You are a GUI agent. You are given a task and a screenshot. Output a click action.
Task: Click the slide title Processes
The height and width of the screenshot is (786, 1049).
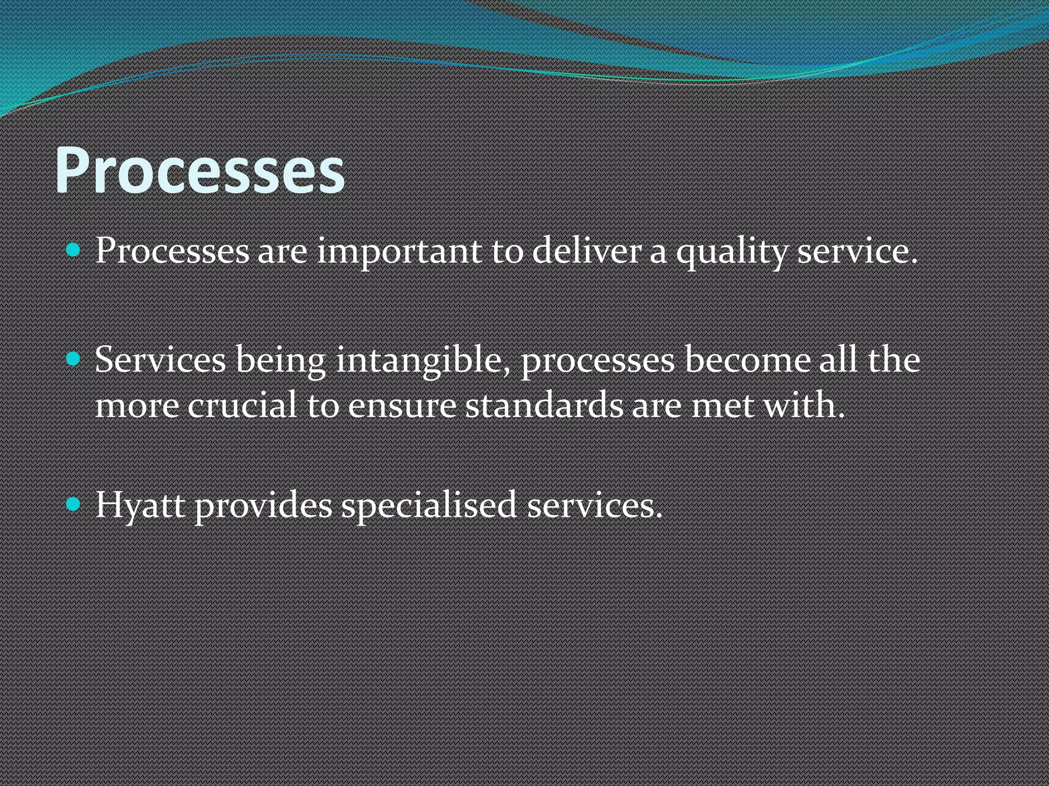(200, 170)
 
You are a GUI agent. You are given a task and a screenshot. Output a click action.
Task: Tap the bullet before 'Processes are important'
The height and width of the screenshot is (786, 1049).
(74, 251)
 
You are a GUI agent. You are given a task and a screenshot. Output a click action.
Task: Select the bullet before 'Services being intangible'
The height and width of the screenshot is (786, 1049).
(74, 359)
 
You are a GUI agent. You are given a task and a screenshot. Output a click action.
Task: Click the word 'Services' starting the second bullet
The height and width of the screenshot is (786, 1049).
(160, 359)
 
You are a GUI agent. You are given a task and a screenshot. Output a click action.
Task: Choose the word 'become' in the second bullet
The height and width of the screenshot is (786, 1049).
(747, 359)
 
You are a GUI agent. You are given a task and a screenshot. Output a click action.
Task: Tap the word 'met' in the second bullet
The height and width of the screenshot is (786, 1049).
(723, 404)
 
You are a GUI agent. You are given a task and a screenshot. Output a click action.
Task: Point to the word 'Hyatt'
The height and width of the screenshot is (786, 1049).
(140, 506)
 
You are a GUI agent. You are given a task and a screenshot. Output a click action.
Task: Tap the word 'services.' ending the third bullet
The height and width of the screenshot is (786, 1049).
(595, 506)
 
